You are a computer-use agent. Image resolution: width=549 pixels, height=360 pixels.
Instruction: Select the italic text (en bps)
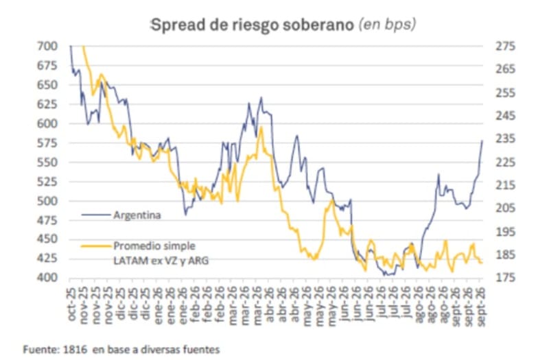click(387, 25)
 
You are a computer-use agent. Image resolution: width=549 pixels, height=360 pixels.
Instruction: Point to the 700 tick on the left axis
click(47, 46)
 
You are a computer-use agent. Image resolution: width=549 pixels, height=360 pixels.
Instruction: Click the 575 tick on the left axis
click(47, 143)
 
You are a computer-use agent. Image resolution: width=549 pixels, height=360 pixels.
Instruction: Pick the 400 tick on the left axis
click(47, 278)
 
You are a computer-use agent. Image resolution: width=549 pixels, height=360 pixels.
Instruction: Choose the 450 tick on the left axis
click(47, 239)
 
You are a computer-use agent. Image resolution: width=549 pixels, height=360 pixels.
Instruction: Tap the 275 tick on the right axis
click(505, 46)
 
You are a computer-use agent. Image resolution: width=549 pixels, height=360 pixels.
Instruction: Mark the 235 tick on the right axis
click(505, 139)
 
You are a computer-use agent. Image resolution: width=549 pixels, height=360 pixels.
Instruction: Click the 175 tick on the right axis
click(505, 278)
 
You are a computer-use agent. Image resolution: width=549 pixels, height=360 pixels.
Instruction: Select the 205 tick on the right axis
click(505, 208)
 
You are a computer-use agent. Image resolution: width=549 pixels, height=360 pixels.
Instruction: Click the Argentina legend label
click(137, 215)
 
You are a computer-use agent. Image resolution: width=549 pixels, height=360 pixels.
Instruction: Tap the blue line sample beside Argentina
click(96, 215)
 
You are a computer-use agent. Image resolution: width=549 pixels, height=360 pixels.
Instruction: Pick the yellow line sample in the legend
click(96, 246)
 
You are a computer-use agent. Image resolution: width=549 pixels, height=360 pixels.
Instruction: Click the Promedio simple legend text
click(154, 246)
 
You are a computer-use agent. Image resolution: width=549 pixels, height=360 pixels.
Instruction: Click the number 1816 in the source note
click(75, 349)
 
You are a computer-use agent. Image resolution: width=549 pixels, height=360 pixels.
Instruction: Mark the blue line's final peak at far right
click(482, 141)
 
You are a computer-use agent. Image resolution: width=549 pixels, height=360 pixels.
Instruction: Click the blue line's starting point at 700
click(71, 46)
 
